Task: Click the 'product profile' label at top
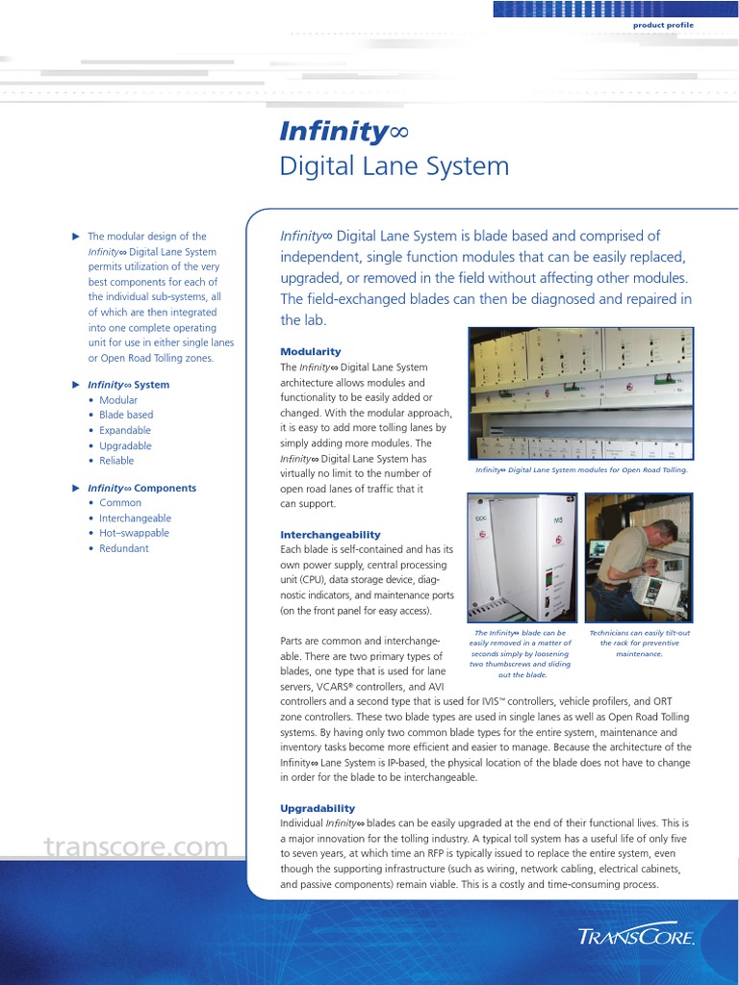(x=662, y=25)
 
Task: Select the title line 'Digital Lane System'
(x=394, y=166)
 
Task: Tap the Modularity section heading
(x=310, y=352)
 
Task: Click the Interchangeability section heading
(x=330, y=535)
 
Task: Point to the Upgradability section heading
(x=318, y=809)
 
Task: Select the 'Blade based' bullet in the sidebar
(x=126, y=416)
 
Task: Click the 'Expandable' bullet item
(x=125, y=431)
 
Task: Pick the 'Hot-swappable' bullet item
(x=134, y=533)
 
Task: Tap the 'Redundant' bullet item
(x=124, y=548)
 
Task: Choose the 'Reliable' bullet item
(x=116, y=461)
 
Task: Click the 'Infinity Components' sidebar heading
(x=141, y=488)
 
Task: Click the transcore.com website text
(x=136, y=847)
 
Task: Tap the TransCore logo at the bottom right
(x=636, y=935)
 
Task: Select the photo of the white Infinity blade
(x=522, y=558)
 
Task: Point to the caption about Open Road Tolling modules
(x=580, y=470)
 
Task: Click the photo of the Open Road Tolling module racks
(x=580, y=393)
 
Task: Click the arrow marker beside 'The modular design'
(x=76, y=236)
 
